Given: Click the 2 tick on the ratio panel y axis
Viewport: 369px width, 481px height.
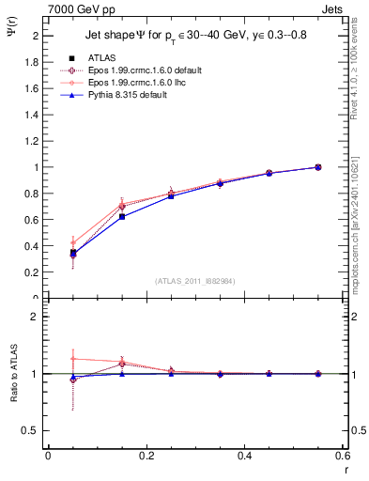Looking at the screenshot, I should point(38,318).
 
